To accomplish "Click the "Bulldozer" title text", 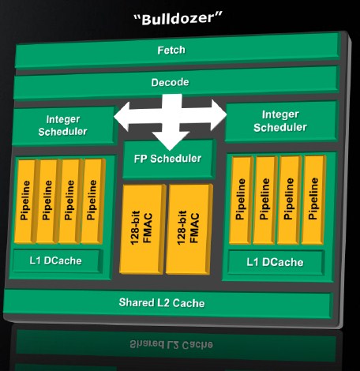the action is pyautogui.click(x=178, y=18).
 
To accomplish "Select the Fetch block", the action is pyautogui.click(x=177, y=50).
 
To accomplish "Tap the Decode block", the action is pyautogui.click(x=176, y=83).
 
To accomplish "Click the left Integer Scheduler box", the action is pyautogui.click(x=64, y=126).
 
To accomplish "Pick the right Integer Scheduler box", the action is pyautogui.click(x=281, y=121).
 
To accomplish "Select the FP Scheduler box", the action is pyautogui.click(x=168, y=159).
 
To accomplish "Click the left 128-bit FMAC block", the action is pyautogui.click(x=142, y=229).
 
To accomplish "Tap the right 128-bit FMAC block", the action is pyautogui.click(x=189, y=228).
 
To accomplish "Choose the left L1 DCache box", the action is pyautogui.click(x=57, y=260).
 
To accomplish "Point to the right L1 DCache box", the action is pyautogui.click(x=276, y=262).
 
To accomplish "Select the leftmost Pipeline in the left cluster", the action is pyautogui.click(x=26, y=201).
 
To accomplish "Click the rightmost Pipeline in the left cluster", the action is pyautogui.click(x=92, y=201).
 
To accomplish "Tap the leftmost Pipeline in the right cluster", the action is pyautogui.click(x=241, y=200).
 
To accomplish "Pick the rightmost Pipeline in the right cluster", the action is pyautogui.click(x=314, y=200).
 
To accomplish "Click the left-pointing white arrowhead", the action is pyautogui.click(x=122, y=117).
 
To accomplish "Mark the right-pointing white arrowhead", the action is pyautogui.click(x=219, y=115).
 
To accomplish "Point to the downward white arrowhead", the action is pyautogui.click(x=171, y=141).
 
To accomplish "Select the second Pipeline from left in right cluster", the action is pyautogui.click(x=265, y=200).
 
